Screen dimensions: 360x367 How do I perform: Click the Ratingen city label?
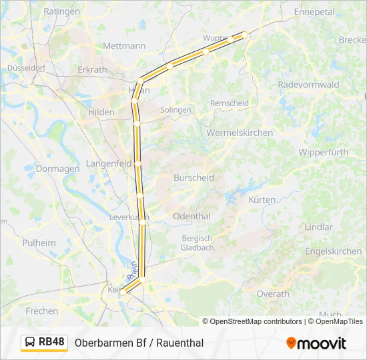[61, 11]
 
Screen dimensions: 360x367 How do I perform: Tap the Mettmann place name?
[124, 46]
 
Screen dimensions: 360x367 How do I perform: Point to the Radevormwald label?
[308, 85]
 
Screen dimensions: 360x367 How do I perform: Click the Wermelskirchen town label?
[240, 133]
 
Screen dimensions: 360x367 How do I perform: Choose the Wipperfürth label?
[324, 152]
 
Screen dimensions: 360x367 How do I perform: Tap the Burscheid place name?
[194, 178]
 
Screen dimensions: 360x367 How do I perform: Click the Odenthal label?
[192, 216]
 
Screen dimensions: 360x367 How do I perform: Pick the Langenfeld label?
[108, 163]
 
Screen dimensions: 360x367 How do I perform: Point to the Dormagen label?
[57, 169]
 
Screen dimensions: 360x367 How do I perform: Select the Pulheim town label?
[39, 243]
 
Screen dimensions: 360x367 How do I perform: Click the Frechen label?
[42, 311]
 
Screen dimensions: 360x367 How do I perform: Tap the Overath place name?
[273, 293]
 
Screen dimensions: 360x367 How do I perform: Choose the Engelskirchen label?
[333, 251]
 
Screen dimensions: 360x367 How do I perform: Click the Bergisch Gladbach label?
[196, 243]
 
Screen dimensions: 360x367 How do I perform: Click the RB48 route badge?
[45, 343]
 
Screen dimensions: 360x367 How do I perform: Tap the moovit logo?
[316, 343]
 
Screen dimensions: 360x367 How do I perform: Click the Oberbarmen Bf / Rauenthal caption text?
[139, 343]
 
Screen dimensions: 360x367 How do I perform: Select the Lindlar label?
[318, 227]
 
